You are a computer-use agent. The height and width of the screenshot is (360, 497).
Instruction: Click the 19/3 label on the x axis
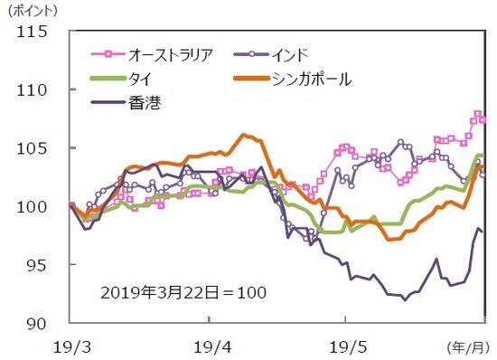[x=70, y=346]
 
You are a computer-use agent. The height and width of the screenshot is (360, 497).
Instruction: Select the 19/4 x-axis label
[x=209, y=346]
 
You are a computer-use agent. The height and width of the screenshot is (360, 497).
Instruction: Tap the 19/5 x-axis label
[x=346, y=346]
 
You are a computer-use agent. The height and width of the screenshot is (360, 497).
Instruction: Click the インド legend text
[x=294, y=54]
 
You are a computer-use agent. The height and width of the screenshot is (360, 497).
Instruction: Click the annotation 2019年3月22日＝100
[x=183, y=294]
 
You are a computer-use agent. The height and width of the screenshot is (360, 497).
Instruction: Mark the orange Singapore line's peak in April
[x=245, y=136]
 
